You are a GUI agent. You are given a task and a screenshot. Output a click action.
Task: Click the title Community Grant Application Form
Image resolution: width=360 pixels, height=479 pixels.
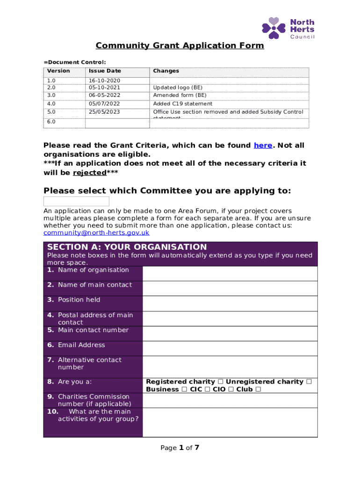[180, 46]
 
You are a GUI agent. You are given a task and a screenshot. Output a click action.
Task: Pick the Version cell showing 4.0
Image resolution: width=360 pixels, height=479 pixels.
[51, 104]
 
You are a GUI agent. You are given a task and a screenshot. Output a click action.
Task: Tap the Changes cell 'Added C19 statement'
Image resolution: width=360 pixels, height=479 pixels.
[183, 104]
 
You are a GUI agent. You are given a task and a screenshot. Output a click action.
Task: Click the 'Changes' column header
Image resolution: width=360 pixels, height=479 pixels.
[166, 71]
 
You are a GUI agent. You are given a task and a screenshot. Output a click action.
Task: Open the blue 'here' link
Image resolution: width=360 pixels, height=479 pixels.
[263, 145]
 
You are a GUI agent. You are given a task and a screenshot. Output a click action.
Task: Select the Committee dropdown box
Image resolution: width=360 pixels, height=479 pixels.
[76, 202]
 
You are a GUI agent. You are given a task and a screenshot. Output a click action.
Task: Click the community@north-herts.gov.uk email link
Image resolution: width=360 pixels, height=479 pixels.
[96, 233]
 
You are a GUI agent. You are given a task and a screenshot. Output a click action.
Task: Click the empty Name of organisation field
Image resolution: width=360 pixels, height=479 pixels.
[230, 273]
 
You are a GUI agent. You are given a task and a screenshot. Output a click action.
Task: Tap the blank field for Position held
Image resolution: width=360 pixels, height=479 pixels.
[230, 303]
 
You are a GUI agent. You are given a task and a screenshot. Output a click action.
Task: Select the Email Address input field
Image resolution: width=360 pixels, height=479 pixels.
[230, 348]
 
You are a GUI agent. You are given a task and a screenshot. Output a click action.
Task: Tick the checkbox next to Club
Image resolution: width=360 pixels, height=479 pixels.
[258, 390]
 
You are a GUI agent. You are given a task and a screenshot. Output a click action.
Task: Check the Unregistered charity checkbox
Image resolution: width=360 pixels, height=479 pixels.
[309, 382]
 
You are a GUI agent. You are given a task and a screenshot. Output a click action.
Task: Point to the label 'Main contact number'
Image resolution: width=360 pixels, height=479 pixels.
[93, 330]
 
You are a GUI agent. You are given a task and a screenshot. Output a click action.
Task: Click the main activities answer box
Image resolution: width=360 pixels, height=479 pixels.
[230, 422]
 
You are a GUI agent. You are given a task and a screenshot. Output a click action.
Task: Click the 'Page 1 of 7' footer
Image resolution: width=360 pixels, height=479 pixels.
[180, 448]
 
